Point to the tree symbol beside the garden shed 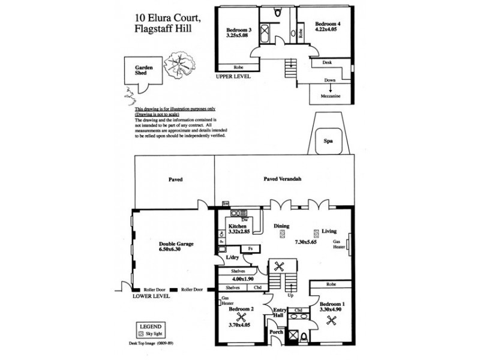[x=178, y=62]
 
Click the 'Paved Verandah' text [x=283, y=179]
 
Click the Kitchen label [x=238, y=227]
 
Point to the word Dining [x=282, y=226]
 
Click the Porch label [x=276, y=332]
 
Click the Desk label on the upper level [x=327, y=62]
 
